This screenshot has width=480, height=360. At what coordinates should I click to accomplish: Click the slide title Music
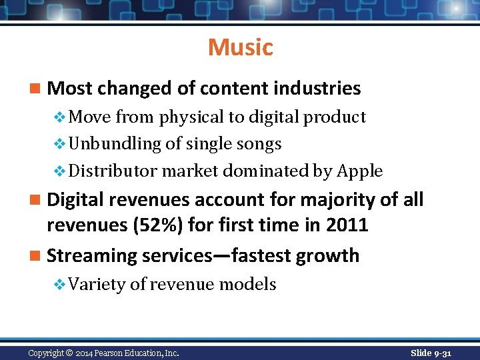[240, 47]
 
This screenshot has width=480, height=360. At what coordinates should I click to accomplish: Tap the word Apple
[360, 171]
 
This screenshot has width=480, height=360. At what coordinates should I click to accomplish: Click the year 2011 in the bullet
[347, 225]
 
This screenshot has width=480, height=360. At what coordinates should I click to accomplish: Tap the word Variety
[97, 285]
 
